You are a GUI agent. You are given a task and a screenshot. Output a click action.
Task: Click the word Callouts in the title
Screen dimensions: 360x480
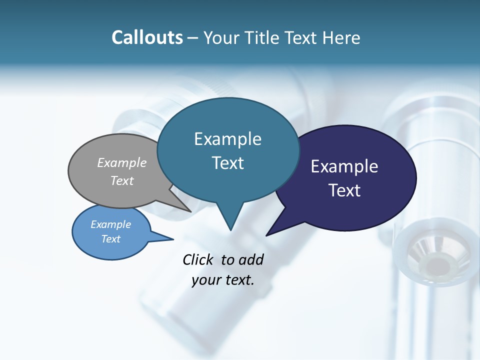click(x=147, y=37)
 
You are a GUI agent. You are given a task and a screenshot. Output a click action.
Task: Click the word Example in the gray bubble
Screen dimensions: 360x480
click(x=122, y=162)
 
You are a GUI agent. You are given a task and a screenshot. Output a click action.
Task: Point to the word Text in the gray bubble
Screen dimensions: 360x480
click(x=122, y=180)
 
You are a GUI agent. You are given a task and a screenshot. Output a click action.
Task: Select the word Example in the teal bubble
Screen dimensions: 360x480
click(x=227, y=139)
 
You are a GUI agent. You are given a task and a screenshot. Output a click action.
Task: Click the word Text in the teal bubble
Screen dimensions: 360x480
click(x=227, y=163)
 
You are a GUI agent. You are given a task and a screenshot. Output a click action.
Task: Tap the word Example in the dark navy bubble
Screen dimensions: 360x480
click(x=344, y=166)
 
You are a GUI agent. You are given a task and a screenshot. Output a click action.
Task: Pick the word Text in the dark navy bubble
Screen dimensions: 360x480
click(x=344, y=190)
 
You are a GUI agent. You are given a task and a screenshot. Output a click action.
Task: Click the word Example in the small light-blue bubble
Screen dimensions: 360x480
click(x=110, y=224)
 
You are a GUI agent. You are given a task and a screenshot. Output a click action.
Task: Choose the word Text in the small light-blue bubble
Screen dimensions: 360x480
click(x=110, y=239)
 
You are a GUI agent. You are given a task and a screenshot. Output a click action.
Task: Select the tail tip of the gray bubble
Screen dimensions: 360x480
click(x=190, y=211)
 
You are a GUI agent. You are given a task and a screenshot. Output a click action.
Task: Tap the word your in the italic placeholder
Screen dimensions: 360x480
click(x=205, y=280)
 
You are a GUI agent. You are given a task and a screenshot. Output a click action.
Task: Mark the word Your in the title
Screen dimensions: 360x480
click(x=221, y=37)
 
